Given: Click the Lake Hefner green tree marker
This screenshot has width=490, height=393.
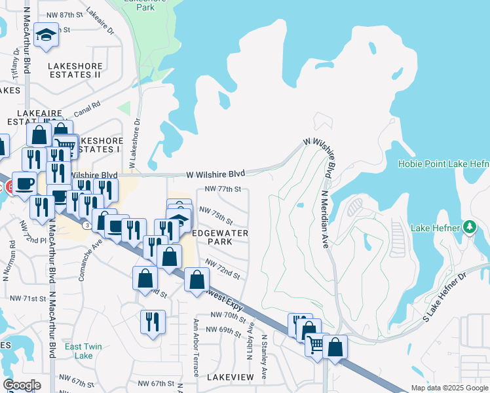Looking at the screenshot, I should pyautogui.click(x=469, y=228).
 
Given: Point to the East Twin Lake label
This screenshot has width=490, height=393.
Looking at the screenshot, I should pyautogui.click(x=83, y=350).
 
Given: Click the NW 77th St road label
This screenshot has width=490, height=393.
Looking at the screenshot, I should pyautogui.click(x=223, y=189).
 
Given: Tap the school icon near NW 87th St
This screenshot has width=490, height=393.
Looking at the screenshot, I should pyautogui.click(x=47, y=35).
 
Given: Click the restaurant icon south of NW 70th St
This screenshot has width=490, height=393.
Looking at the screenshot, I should pyautogui.click(x=153, y=322).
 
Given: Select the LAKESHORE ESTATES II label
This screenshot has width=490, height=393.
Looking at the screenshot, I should pyautogui.click(x=69, y=70).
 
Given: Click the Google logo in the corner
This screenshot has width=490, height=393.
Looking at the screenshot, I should pyautogui.click(x=22, y=385).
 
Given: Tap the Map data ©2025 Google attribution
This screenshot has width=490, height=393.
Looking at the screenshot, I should pyautogui.click(x=449, y=388).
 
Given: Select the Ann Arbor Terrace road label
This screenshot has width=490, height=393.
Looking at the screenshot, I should pyautogui.click(x=196, y=347).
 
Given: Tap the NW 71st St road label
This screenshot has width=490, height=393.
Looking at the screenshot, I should pyautogui.click(x=27, y=298).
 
